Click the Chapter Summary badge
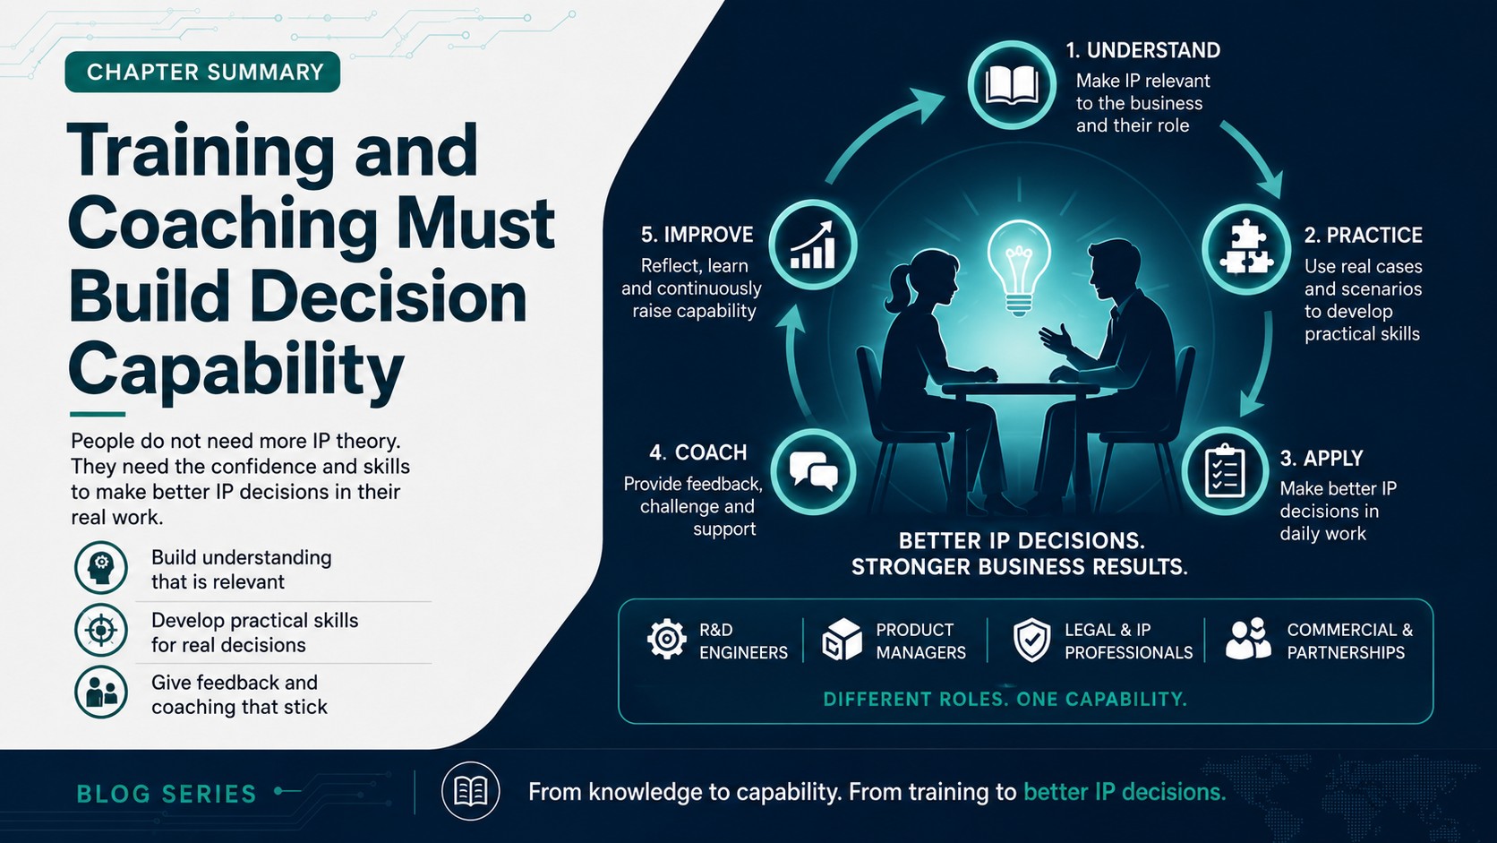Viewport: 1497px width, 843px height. (202, 72)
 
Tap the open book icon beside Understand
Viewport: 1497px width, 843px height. (1012, 86)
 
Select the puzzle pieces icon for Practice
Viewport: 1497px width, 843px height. (1245, 248)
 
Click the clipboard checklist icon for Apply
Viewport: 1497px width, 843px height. (1224, 472)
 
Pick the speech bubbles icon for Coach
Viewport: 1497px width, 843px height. (813, 470)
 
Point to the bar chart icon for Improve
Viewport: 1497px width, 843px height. (813, 245)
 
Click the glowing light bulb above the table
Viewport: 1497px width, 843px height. (1019, 267)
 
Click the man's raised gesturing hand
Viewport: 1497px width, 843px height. (1056, 337)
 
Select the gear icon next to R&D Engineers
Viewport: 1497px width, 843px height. (666, 639)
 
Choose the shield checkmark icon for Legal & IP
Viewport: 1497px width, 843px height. (1031, 640)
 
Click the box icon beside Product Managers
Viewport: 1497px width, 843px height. (842, 640)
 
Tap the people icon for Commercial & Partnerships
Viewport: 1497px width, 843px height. (1248, 639)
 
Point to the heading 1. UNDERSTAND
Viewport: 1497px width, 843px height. (1142, 50)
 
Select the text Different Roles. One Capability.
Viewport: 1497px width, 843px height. (1005, 700)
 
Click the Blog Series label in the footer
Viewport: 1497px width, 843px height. (167, 795)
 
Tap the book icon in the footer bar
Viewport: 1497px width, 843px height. (470, 792)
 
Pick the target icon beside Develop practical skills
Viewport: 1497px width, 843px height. (101, 630)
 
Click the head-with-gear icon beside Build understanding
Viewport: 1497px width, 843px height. (101, 568)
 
